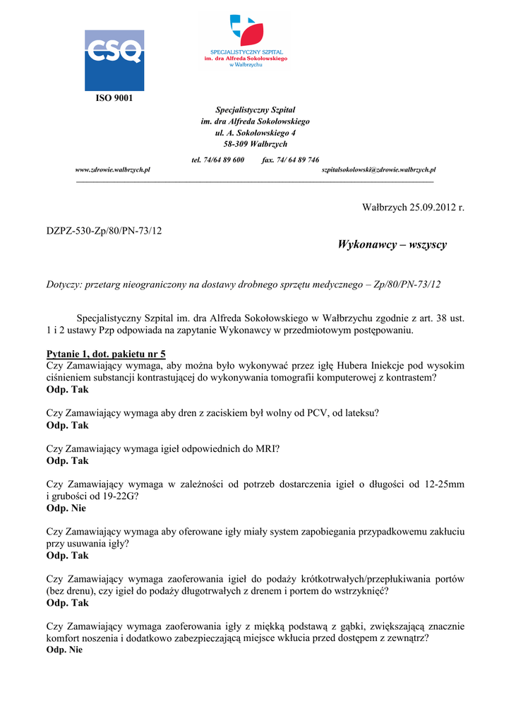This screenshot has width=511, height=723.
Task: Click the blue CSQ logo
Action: tap(114, 60)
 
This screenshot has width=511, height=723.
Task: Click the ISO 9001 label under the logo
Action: tap(114, 97)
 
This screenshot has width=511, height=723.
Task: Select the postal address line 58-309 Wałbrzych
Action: tap(255, 144)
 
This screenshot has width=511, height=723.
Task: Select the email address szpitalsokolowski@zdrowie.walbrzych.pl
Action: tap(378, 170)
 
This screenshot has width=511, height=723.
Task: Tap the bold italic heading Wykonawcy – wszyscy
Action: tap(392, 245)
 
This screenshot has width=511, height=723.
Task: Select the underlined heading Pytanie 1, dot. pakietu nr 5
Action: tap(106, 354)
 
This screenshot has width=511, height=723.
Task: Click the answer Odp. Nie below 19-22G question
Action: tap(66, 508)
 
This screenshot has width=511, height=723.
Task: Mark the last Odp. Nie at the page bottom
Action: tap(64, 650)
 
